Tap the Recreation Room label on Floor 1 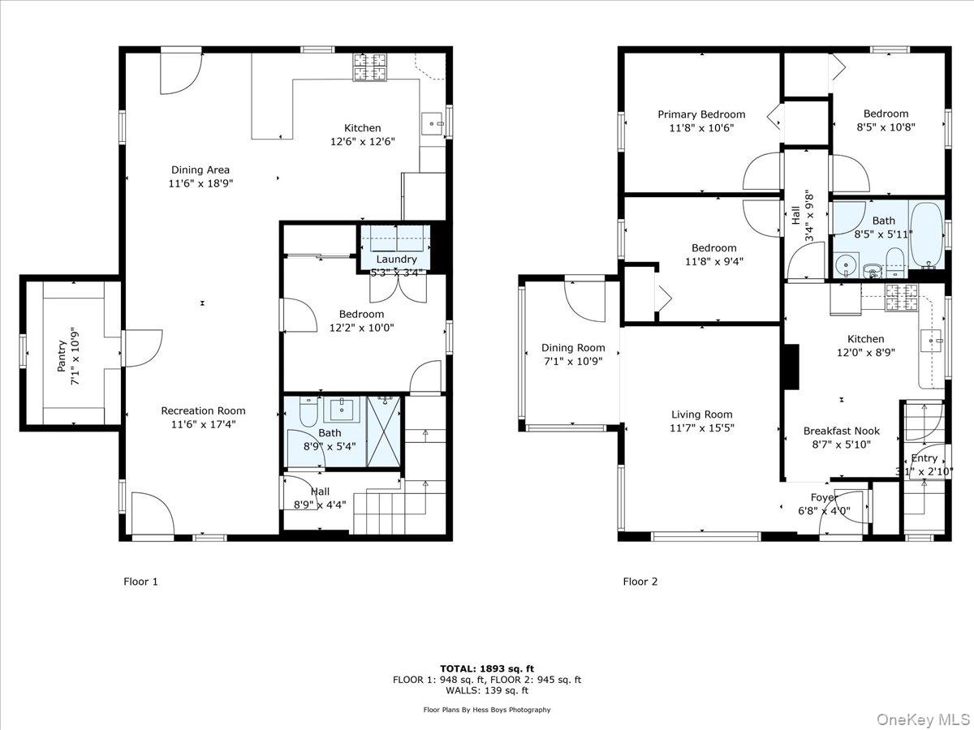pyautogui.click(x=203, y=410)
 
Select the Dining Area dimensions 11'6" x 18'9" pyautogui.click(x=200, y=184)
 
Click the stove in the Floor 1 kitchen pyautogui.click(x=372, y=67)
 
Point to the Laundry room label pyautogui.click(x=396, y=260)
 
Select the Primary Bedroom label pyautogui.click(x=701, y=114)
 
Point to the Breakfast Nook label pyautogui.click(x=841, y=431)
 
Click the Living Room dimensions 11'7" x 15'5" pyautogui.click(x=702, y=428)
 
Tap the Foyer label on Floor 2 pyautogui.click(x=824, y=497)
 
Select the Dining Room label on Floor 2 pyautogui.click(x=573, y=348)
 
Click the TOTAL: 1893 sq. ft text pyautogui.click(x=487, y=668)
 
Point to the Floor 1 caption pyautogui.click(x=140, y=582)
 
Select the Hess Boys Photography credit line pyautogui.click(x=487, y=710)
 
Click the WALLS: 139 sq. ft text pyautogui.click(x=487, y=691)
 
